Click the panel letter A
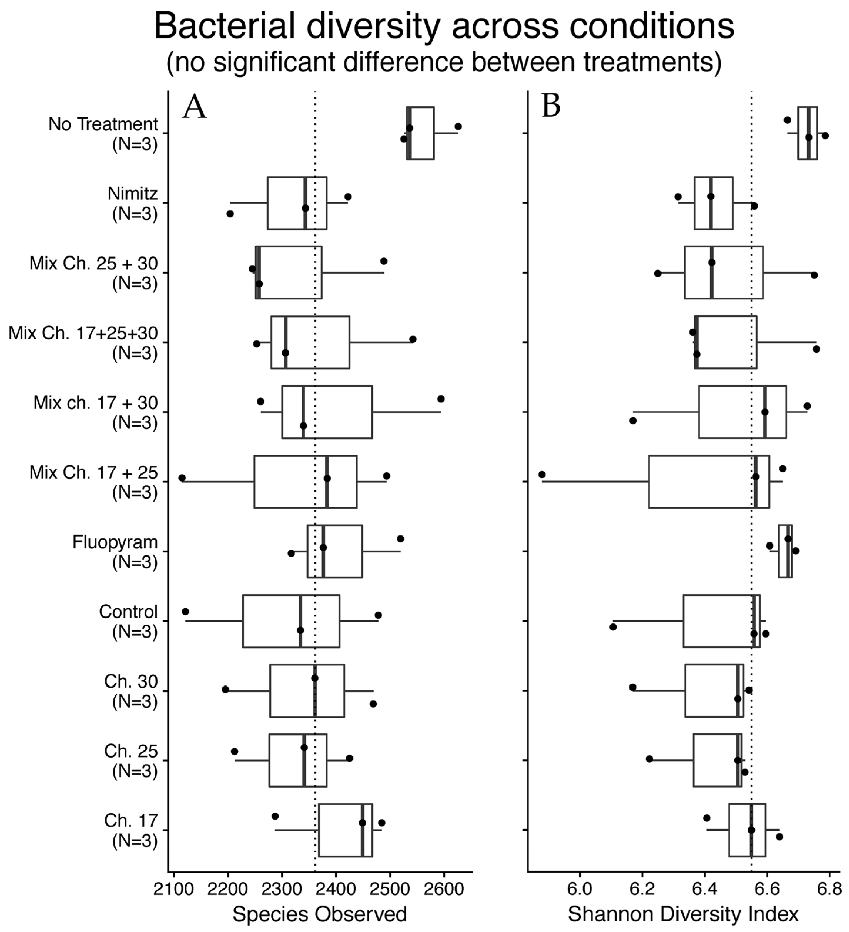pos(194,107)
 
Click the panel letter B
pos(551,106)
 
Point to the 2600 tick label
pos(444,889)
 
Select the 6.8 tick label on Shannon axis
pos(830,889)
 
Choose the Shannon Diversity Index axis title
pos(683,914)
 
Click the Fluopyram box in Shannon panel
pos(785,551)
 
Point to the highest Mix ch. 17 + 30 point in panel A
pos(441,399)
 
